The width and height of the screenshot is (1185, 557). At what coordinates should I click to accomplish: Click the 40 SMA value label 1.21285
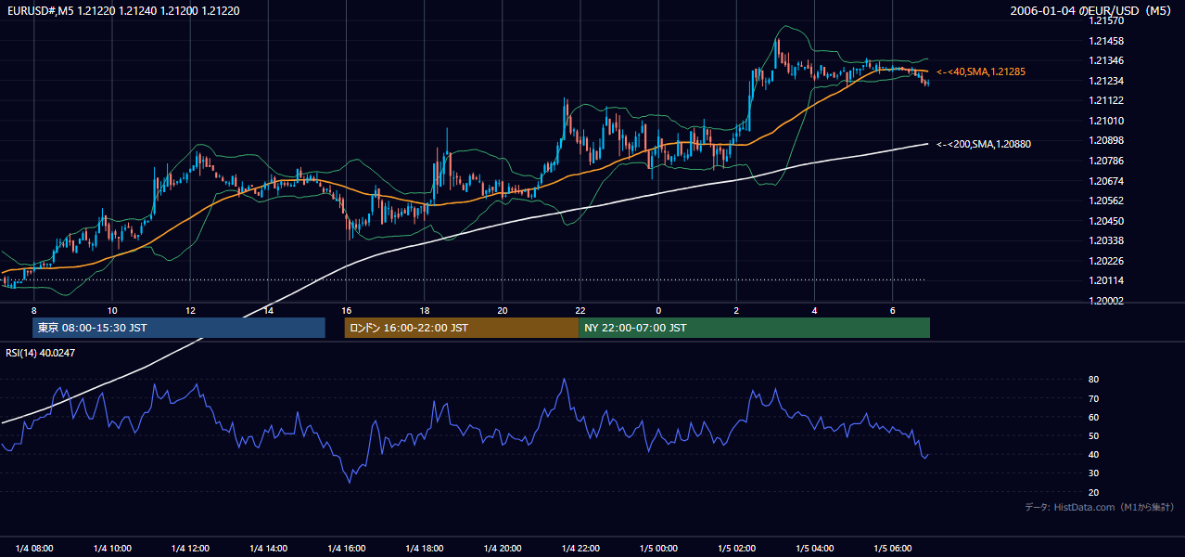(981, 71)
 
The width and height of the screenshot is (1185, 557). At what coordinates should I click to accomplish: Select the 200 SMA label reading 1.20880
(984, 144)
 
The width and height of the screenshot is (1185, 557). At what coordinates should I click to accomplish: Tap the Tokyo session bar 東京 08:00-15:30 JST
(179, 328)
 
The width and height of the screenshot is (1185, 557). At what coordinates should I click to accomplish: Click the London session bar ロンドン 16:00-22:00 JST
(462, 328)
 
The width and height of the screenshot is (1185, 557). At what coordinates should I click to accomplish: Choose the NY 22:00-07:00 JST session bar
(755, 328)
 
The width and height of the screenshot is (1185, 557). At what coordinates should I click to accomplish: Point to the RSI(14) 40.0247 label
(40, 353)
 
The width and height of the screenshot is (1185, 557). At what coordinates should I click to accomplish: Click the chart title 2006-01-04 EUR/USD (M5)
(1090, 10)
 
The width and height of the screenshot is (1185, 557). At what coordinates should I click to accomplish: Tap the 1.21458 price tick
(1106, 41)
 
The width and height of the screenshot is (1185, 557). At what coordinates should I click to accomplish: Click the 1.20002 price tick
(1106, 301)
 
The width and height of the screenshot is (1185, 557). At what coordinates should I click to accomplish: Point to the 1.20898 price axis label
(1106, 140)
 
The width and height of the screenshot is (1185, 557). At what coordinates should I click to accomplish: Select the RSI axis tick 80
(1093, 379)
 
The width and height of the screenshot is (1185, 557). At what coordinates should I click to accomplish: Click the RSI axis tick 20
(1093, 492)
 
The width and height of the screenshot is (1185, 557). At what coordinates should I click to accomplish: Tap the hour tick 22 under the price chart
(580, 311)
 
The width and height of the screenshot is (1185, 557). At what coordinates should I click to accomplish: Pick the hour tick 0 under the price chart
(658, 311)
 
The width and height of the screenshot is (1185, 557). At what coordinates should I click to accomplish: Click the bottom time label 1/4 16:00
(347, 549)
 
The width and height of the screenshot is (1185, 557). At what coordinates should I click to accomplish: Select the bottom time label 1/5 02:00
(736, 549)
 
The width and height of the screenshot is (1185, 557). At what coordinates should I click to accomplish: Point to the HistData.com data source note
(1100, 507)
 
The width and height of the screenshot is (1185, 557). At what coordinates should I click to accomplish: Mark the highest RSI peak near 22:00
(565, 379)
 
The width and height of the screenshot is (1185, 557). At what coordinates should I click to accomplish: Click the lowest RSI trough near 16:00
(350, 483)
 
